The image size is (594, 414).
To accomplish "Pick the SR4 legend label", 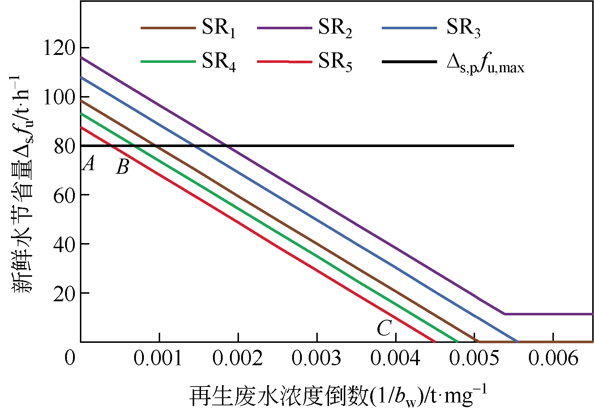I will pos(218,62).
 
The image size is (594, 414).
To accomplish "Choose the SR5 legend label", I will pos(335,62).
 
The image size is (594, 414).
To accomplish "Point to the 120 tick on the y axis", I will pos(60,47).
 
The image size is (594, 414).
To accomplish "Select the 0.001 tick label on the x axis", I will pos(158,359).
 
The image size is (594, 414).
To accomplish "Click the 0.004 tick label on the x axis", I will pos(396,359).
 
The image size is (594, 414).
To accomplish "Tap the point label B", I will pos(122,168).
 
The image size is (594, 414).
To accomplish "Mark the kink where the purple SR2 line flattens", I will pos(504,314).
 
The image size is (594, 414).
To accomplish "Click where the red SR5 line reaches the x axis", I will pos(435,341).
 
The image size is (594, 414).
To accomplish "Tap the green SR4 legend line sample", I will pos(168,62).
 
